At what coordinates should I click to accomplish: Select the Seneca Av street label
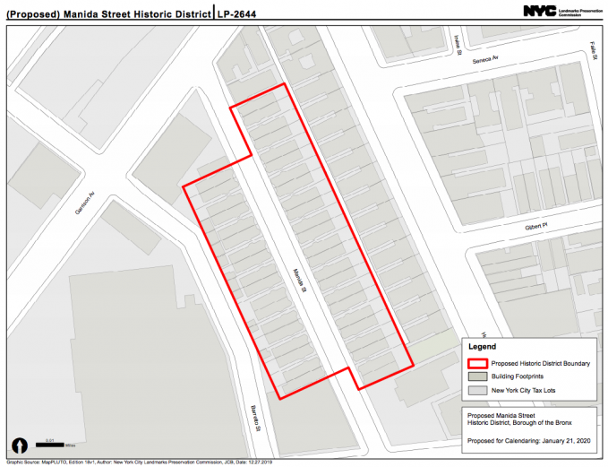click(483, 56)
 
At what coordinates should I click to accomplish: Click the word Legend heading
click(483, 346)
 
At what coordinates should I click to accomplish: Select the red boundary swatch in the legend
click(476, 363)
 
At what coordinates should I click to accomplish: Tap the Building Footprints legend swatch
click(476, 376)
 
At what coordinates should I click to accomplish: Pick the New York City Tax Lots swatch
click(476, 391)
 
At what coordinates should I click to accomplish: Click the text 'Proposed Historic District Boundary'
click(540, 363)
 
